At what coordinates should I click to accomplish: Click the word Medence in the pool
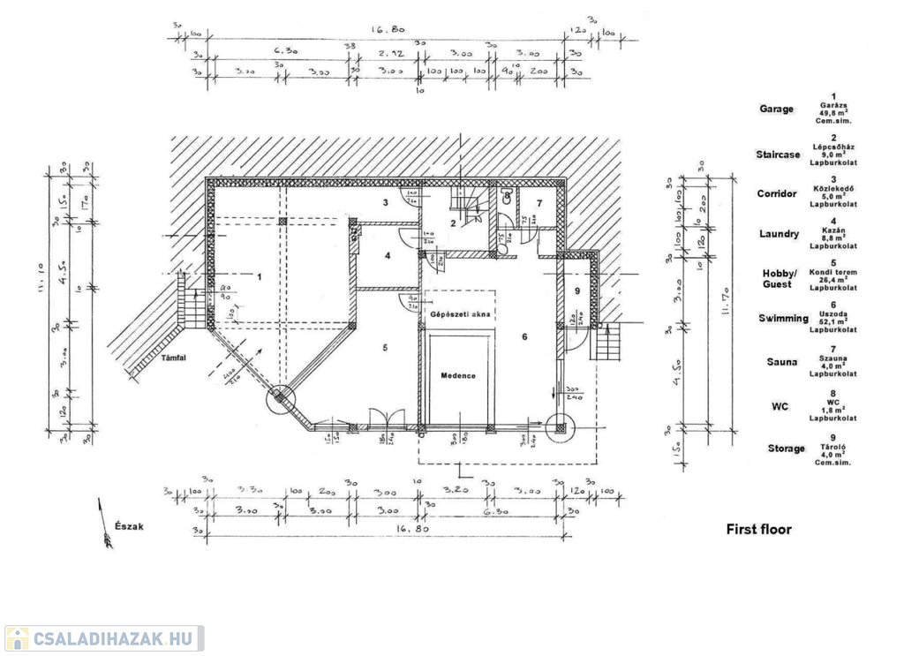458,375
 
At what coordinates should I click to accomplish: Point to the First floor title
758,530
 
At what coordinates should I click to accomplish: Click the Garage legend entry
777,109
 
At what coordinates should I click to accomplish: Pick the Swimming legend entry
781,318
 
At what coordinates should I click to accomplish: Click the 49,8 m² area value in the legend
833,114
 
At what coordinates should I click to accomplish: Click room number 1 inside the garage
260,276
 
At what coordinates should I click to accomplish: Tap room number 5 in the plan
386,348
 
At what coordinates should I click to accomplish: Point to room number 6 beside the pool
524,336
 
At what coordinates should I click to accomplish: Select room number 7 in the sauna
539,204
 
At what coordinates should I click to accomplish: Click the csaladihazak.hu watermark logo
103,638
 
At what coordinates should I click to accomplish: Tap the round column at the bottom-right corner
560,427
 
